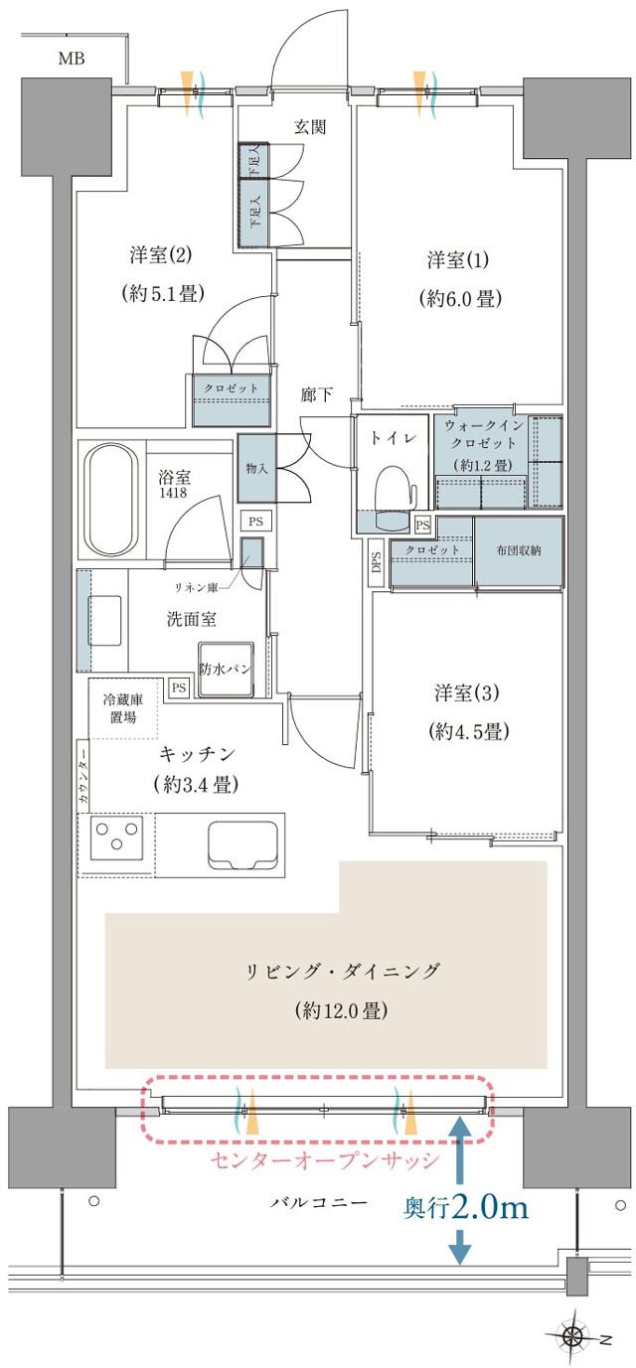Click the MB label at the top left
click(x=71, y=59)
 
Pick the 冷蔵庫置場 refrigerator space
click(x=123, y=708)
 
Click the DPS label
click(x=377, y=561)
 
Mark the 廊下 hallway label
click(x=316, y=394)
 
